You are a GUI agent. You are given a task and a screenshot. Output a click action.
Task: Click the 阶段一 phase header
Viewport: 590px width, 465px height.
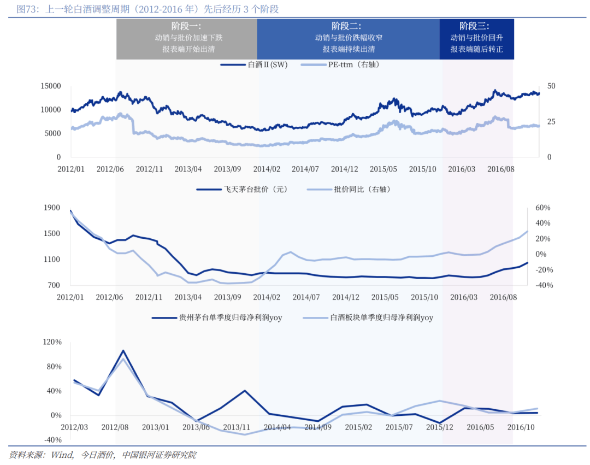click(186, 26)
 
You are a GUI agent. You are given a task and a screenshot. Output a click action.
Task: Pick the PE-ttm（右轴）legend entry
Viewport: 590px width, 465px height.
click(353, 64)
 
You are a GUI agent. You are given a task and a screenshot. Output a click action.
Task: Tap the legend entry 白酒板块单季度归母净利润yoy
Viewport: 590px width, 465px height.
click(381, 317)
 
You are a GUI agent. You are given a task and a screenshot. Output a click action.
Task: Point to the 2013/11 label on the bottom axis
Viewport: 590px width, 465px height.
click(237, 427)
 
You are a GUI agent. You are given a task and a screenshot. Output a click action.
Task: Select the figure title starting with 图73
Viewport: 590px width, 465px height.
click(147, 9)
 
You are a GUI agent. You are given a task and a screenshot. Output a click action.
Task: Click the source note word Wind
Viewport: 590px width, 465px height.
click(61, 455)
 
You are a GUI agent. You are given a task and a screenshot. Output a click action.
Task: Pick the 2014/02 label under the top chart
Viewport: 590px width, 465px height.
click(267, 169)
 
